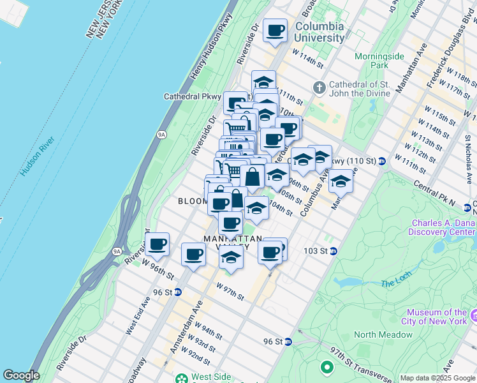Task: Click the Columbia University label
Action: point(319,32)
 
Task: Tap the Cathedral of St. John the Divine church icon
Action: point(319,87)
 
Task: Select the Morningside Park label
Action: point(380,61)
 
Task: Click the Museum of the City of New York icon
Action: point(473,315)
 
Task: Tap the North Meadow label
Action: point(383,334)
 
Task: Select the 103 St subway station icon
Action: point(332,252)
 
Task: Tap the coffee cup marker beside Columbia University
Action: point(275,31)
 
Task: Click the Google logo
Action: point(21,375)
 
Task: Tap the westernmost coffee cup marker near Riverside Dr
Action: point(157,243)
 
